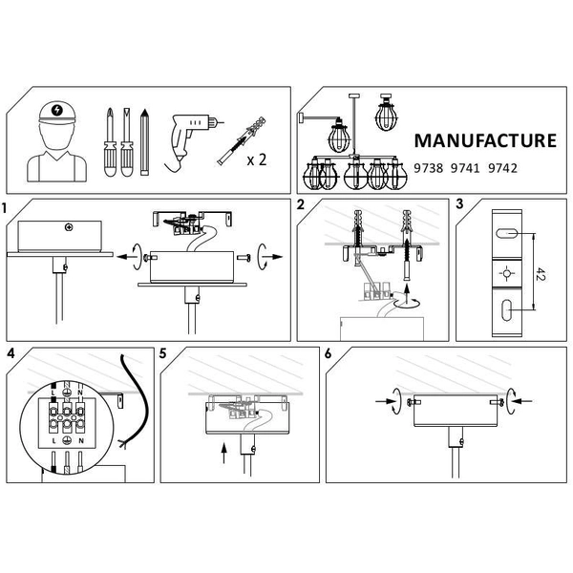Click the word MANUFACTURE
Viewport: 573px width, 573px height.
(484, 141)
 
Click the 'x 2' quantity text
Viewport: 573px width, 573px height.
(256, 159)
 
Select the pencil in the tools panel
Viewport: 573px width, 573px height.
(145, 143)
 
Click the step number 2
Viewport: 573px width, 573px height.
(301, 205)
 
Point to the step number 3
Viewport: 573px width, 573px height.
(459, 205)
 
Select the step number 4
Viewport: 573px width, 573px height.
(11, 353)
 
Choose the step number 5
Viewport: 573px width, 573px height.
(163, 353)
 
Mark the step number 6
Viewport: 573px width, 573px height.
(329, 353)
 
